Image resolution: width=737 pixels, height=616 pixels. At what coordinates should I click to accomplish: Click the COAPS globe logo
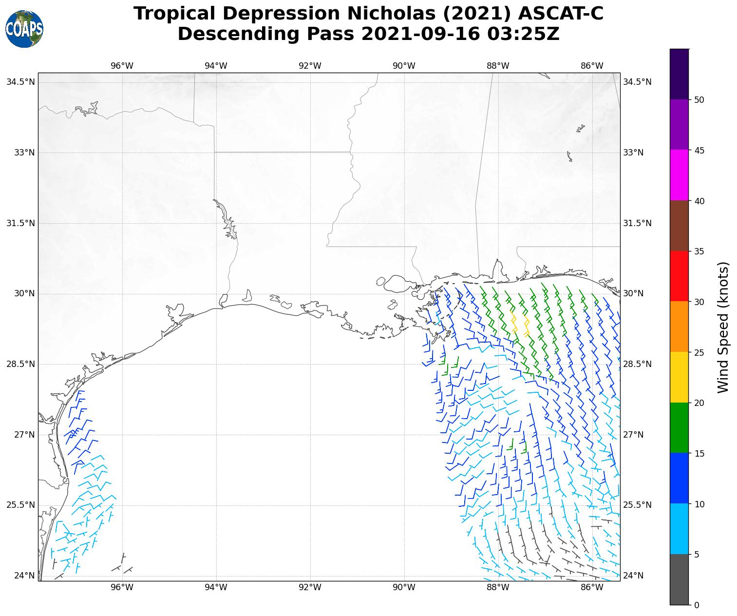(24, 29)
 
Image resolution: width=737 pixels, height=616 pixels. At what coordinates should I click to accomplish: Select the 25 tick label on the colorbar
(699, 352)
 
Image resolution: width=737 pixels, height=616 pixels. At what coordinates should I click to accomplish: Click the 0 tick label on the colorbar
(697, 605)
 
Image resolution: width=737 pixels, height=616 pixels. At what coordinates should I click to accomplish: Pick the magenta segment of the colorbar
(680, 175)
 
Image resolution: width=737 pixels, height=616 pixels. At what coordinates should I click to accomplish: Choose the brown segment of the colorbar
(680, 226)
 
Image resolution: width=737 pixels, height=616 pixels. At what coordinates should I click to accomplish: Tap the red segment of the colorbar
(680, 276)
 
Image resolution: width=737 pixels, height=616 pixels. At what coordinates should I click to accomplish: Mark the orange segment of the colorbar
(680, 327)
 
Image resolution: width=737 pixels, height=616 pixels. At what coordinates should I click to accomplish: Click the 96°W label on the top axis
(122, 66)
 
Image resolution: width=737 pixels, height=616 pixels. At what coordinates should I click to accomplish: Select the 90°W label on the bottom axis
(404, 588)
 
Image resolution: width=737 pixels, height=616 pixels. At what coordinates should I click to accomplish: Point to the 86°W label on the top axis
(592, 66)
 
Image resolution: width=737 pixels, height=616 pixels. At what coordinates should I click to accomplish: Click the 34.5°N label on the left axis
(20, 82)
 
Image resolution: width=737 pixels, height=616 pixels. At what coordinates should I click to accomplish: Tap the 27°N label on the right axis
(633, 435)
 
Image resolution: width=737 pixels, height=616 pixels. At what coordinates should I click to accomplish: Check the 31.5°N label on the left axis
(20, 223)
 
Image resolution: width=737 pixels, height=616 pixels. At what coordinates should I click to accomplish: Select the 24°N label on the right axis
(633, 576)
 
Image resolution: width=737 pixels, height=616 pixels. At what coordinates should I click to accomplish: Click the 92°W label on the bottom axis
(310, 588)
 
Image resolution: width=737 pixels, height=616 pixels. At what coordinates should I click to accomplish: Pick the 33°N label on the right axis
(633, 153)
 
